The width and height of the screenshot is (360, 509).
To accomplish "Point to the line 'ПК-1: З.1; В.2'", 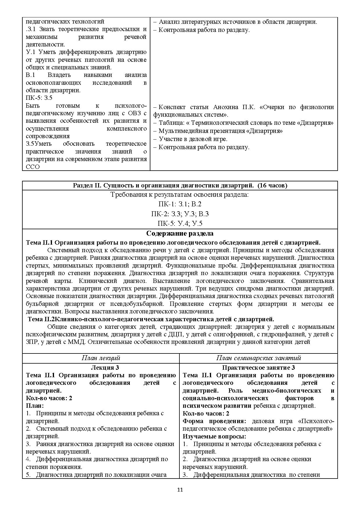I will pos(180,204).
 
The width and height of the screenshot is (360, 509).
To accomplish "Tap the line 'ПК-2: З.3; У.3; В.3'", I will pos(180,214).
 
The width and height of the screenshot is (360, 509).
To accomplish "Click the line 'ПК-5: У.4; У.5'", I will pos(180,223).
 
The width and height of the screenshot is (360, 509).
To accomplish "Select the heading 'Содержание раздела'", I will pos(180,233).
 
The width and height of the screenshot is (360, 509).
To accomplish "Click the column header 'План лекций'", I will pos(101,358).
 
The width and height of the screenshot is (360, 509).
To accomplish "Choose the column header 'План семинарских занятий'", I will pos(258,358).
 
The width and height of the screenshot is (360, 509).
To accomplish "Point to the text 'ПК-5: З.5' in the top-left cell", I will pos(39,98).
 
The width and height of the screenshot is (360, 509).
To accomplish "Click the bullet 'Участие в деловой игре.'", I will pos(193,139).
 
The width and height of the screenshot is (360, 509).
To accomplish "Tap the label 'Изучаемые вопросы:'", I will pos(214,436).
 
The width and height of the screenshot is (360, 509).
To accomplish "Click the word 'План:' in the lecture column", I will pos(35,406).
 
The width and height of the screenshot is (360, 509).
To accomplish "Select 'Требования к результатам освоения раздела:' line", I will pos(180,194).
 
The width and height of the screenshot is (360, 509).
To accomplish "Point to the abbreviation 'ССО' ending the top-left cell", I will pos(33,167).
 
